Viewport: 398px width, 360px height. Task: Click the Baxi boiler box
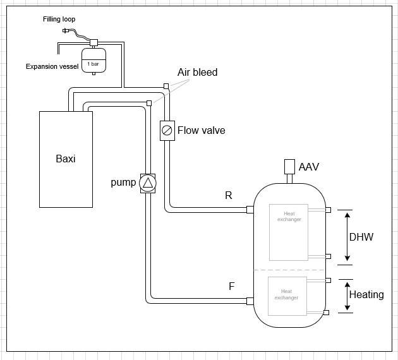pos(66,159)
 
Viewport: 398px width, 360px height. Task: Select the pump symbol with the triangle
pos(147,183)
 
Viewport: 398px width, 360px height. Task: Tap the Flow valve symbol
pos(167,130)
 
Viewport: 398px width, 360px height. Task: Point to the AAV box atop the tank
pos(291,167)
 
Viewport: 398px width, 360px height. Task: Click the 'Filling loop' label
pos(59,20)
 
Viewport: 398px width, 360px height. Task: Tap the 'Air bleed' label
pos(197,73)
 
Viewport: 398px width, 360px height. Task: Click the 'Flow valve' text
pos(201,131)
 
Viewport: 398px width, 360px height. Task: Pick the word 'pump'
pos(123,183)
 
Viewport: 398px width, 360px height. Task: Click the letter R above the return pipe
pos(229,196)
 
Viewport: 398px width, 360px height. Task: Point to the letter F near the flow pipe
pos(232,286)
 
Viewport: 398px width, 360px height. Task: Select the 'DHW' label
pos(361,237)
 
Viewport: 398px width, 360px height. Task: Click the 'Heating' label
pos(366,294)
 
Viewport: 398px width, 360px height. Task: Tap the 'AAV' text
pos(309,167)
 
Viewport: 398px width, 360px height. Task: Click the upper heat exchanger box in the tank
pos(288,232)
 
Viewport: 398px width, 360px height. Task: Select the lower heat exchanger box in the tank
pos(287,296)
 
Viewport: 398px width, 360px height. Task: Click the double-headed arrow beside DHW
pos(347,237)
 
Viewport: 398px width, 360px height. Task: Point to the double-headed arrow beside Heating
pos(347,296)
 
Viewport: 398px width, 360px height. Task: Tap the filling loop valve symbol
pos(66,30)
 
